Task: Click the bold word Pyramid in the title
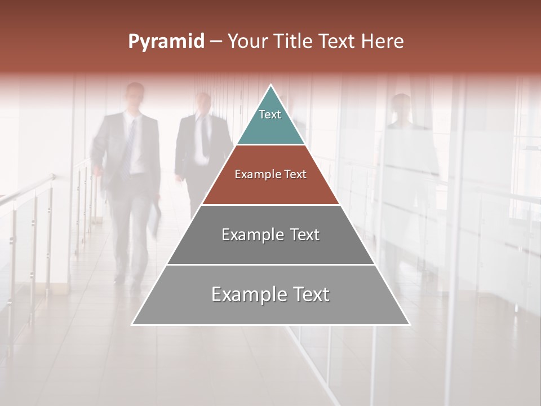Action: point(166,42)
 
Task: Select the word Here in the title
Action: point(383,41)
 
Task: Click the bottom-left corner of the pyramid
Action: point(133,324)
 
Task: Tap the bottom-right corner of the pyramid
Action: point(409,324)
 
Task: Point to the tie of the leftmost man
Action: point(131,141)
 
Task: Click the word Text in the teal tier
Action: point(270,114)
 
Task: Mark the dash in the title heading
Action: point(215,42)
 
